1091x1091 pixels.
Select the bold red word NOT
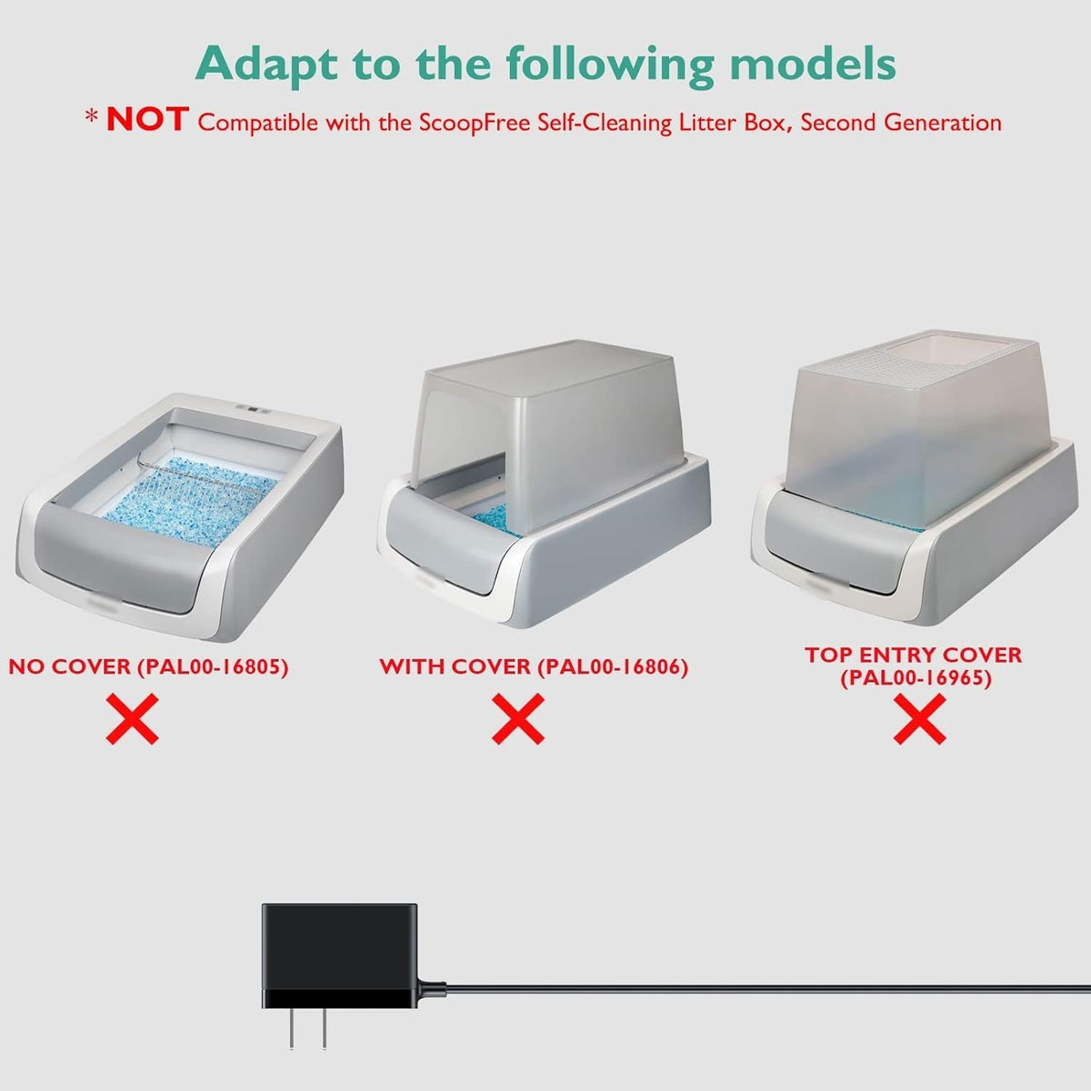tap(147, 119)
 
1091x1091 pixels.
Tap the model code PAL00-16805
tap(214, 667)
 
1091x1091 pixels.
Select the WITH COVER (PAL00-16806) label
tap(534, 667)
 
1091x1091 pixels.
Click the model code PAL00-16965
tap(916, 677)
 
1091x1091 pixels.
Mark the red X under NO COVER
tap(133, 719)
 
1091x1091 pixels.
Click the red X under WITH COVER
tap(518, 719)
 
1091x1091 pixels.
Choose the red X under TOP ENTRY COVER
tap(919, 719)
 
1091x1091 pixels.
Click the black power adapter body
tap(339, 956)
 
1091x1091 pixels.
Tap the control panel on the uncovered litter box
tap(254, 409)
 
